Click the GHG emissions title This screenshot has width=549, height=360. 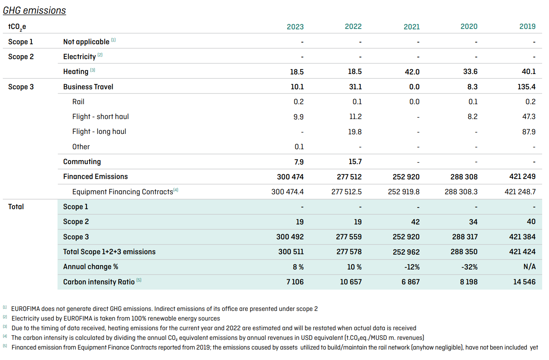[x=34, y=10]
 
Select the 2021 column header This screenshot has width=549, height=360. [x=411, y=27]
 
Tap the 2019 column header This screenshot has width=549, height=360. [x=527, y=27]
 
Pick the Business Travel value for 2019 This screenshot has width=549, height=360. [x=526, y=87]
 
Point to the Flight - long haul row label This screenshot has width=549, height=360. [x=99, y=132]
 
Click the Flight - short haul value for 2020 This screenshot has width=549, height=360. [x=473, y=117]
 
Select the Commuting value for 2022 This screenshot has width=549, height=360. [x=355, y=162]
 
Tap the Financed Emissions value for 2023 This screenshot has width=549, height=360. [x=290, y=177]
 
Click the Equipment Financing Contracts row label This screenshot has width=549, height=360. [x=125, y=191]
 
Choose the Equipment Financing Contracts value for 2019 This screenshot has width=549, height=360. [x=520, y=191]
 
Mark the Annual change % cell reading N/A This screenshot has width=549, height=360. [x=529, y=267]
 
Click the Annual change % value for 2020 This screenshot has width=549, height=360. [x=469, y=267]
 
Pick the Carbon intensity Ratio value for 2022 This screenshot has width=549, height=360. [x=351, y=282]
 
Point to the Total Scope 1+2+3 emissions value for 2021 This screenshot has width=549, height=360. [x=406, y=252]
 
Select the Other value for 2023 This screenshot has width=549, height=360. [x=299, y=147]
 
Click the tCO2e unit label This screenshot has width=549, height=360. [x=17, y=27]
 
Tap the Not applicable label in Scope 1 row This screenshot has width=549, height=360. [x=86, y=42]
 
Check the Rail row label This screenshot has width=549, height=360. [x=78, y=102]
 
